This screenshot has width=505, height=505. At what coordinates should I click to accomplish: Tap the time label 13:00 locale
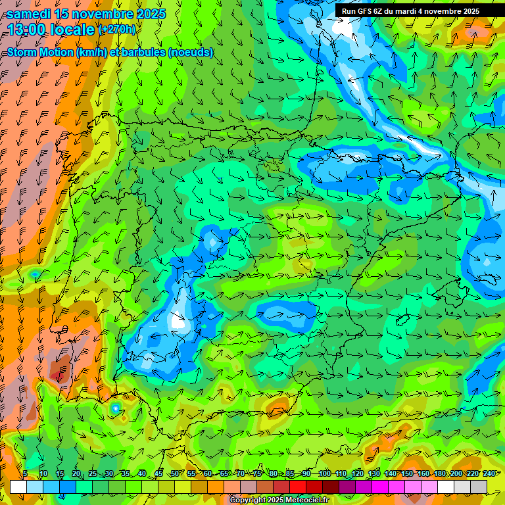click(x=51, y=30)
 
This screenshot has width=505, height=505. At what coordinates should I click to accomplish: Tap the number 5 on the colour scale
click(x=25, y=474)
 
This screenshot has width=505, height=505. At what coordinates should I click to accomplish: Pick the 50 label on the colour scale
click(x=175, y=474)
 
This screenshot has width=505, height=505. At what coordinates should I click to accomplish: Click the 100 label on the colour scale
click(x=324, y=474)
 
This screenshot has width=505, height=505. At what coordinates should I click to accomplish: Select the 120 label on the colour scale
click(x=358, y=474)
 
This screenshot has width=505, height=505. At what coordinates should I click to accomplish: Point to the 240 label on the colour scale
click(x=489, y=474)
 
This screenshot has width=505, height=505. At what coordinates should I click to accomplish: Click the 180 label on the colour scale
click(x=440, y=474)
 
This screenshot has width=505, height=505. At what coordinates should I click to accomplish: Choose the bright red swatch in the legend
click(x=298, y=487)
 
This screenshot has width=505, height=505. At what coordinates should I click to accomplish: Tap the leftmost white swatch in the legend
click(x=18, y=487)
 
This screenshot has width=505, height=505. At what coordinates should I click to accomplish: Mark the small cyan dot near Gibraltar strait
click(x=116, y=408)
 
